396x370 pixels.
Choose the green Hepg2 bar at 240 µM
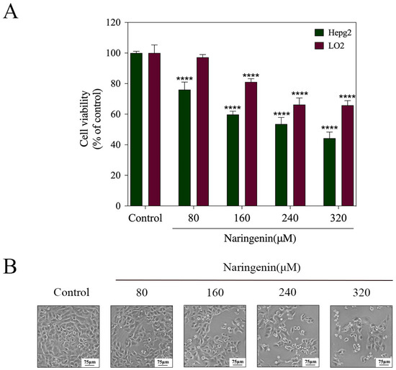(x=281, y=165)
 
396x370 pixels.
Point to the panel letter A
(x=11, y=12)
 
